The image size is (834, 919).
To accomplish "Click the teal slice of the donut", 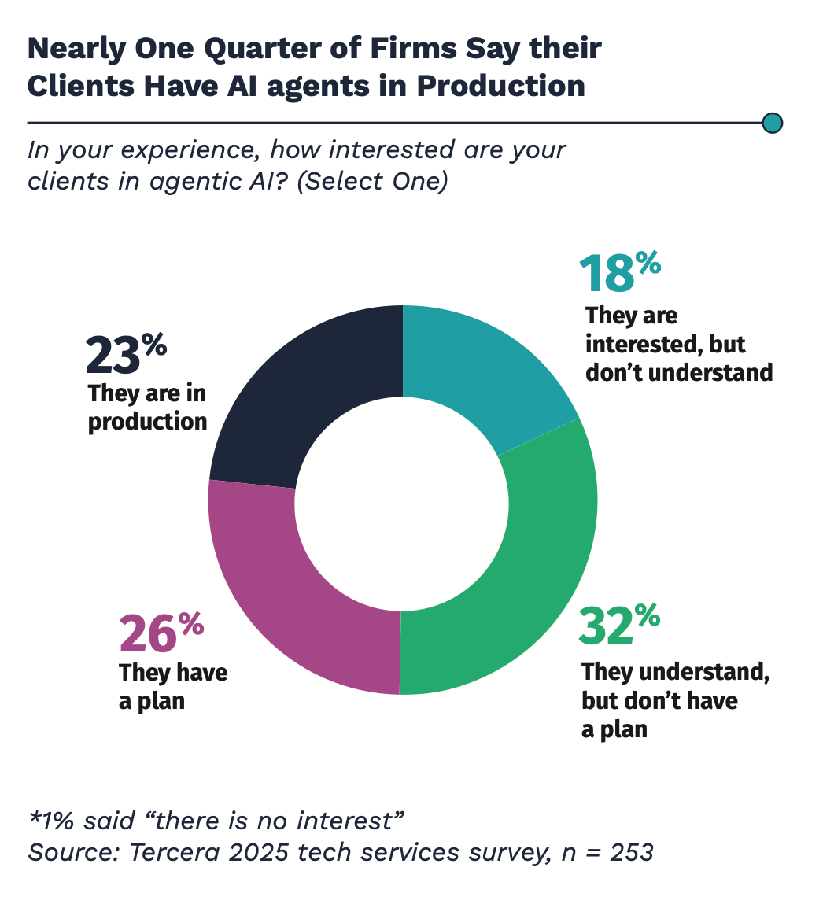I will tap(480, 370).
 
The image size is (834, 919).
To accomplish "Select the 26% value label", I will tap(161, 633).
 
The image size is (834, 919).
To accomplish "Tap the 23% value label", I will tap(126, 354).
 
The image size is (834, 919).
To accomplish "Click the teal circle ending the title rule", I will tap(773, 123).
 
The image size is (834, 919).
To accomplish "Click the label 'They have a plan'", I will tap(173, 687).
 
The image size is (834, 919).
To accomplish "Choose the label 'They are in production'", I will tap(147, 407).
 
